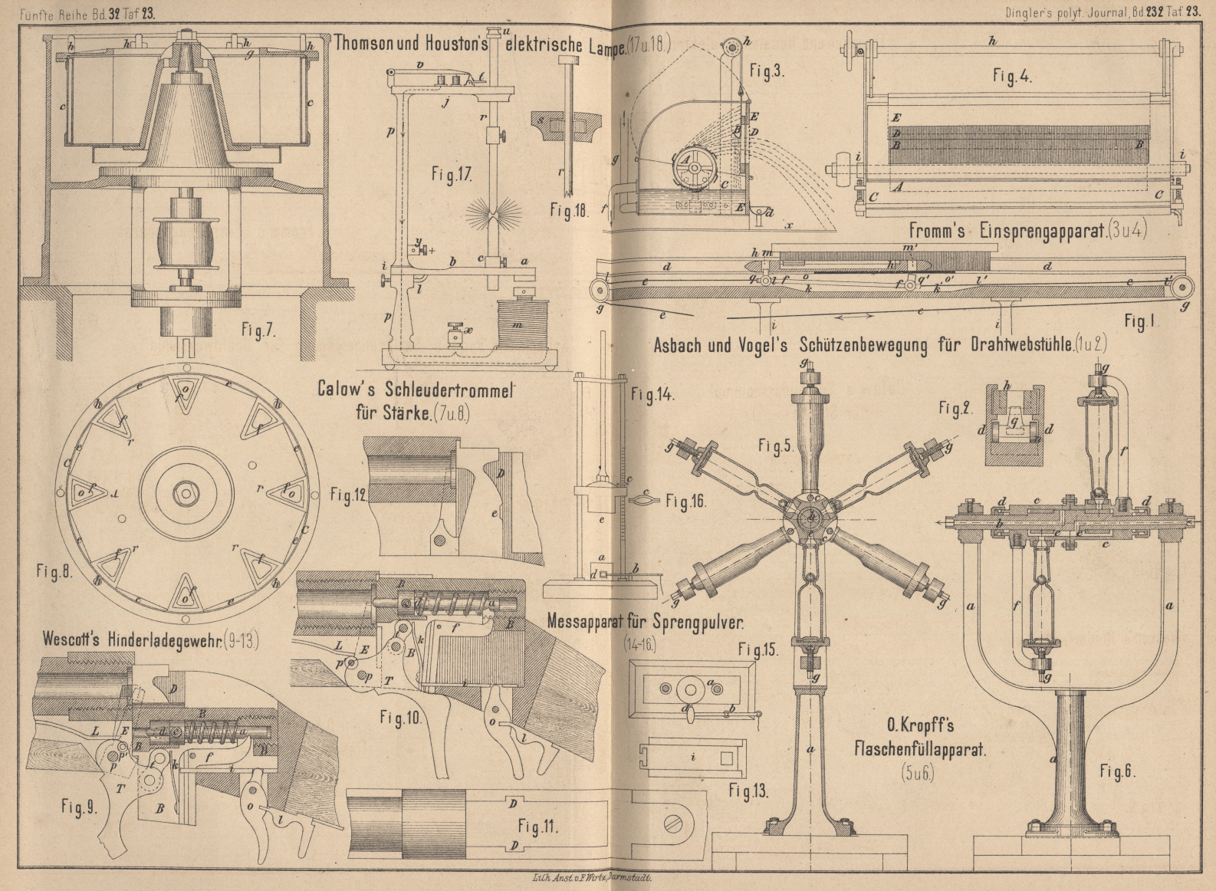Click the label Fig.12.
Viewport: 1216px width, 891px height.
click(349, 495)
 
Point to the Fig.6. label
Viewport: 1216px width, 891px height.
click(1116, 771)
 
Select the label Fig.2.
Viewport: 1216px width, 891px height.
click(955, 409)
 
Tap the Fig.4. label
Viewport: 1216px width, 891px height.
click(1011, 76)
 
